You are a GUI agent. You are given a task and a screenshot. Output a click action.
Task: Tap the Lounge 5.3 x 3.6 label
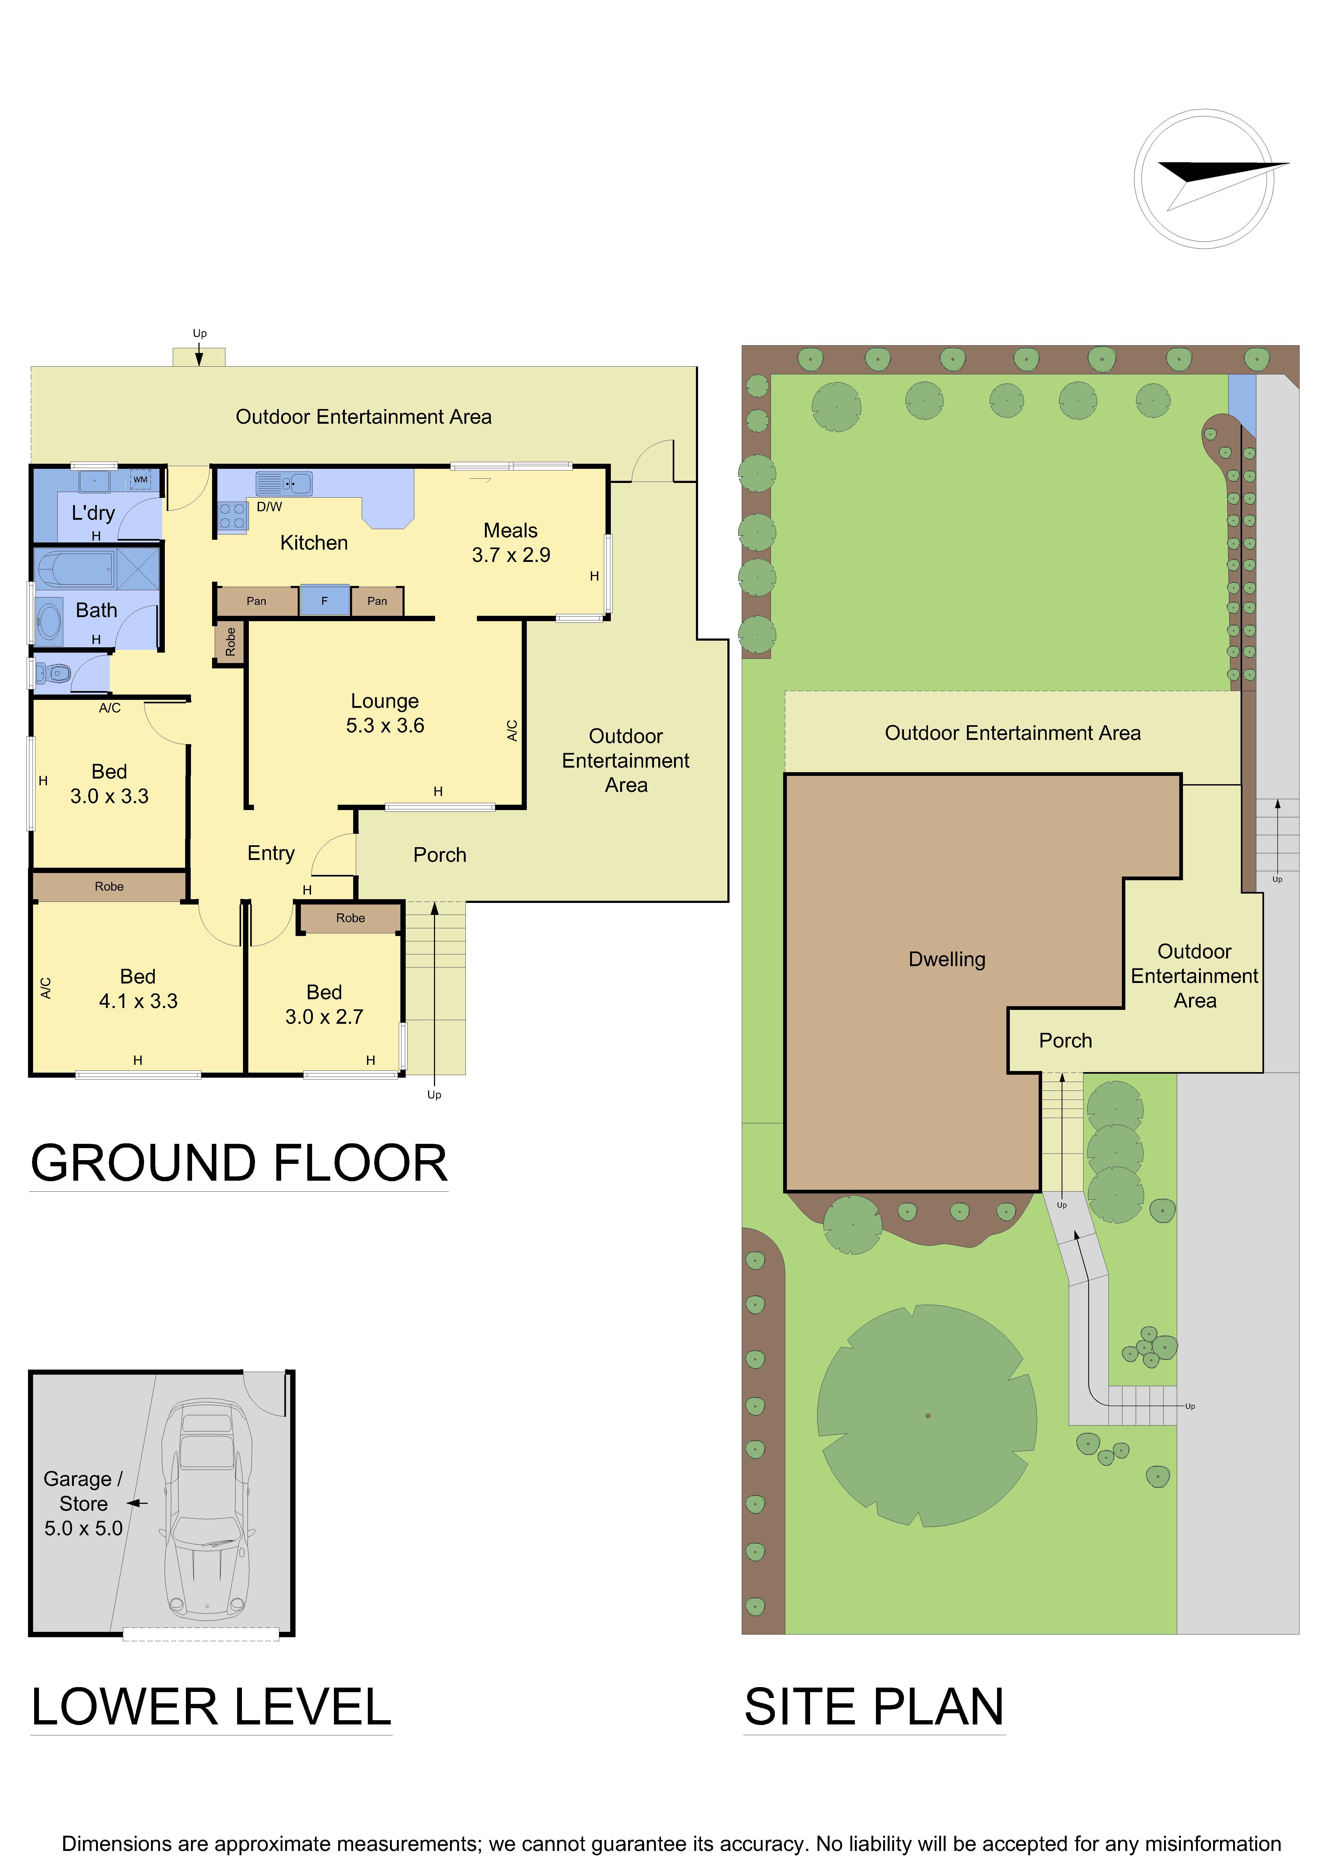pyautogui.click(x=385, y=713)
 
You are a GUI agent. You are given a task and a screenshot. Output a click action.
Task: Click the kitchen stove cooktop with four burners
pyautogui.click(x=232, y=516)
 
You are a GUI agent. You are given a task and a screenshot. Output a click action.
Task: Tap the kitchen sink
pyautogui.click(x=284, y=483)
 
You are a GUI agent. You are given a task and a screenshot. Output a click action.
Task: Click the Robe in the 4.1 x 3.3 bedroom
pyautogui.click(x=109, y=886)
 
